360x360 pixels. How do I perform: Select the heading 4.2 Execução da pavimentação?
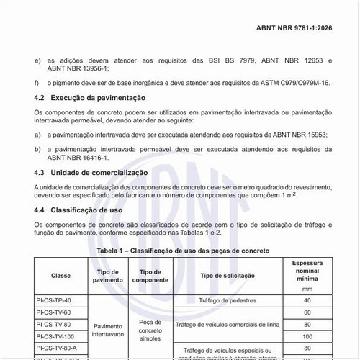(90, 97)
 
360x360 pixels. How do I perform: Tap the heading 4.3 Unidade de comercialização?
(91, 174)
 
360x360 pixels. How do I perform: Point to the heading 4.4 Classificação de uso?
(80, 210)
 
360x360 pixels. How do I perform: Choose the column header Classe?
(60, 276)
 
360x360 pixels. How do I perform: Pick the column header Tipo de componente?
(150, 276)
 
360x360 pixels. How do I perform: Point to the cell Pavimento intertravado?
(109, 330)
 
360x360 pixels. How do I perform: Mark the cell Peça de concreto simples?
(150, 330)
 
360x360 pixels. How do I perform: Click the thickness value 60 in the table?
(307, 312)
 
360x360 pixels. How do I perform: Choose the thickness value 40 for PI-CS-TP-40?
(307, 300)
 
